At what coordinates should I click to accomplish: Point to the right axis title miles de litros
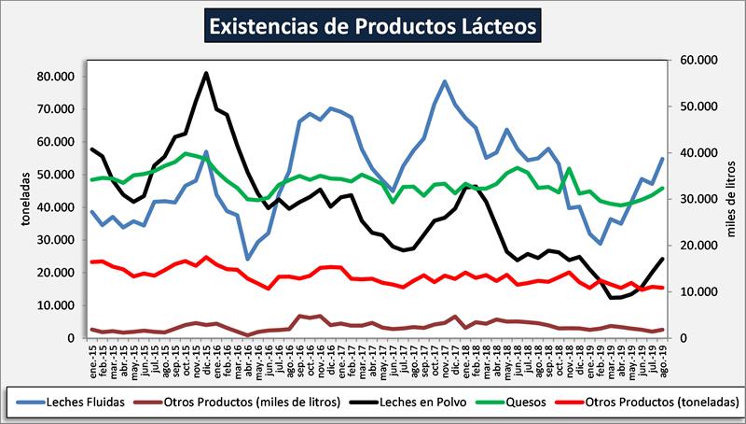(x=733, y=198)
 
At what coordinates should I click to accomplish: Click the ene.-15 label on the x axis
(x=92, y=355)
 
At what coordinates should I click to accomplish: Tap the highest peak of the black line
(x=206, y=73)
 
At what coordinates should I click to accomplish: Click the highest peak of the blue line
(x=445, y=81)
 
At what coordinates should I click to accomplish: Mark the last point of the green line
(x=663, y=188)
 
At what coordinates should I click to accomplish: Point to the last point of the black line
(x=663, y=259)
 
